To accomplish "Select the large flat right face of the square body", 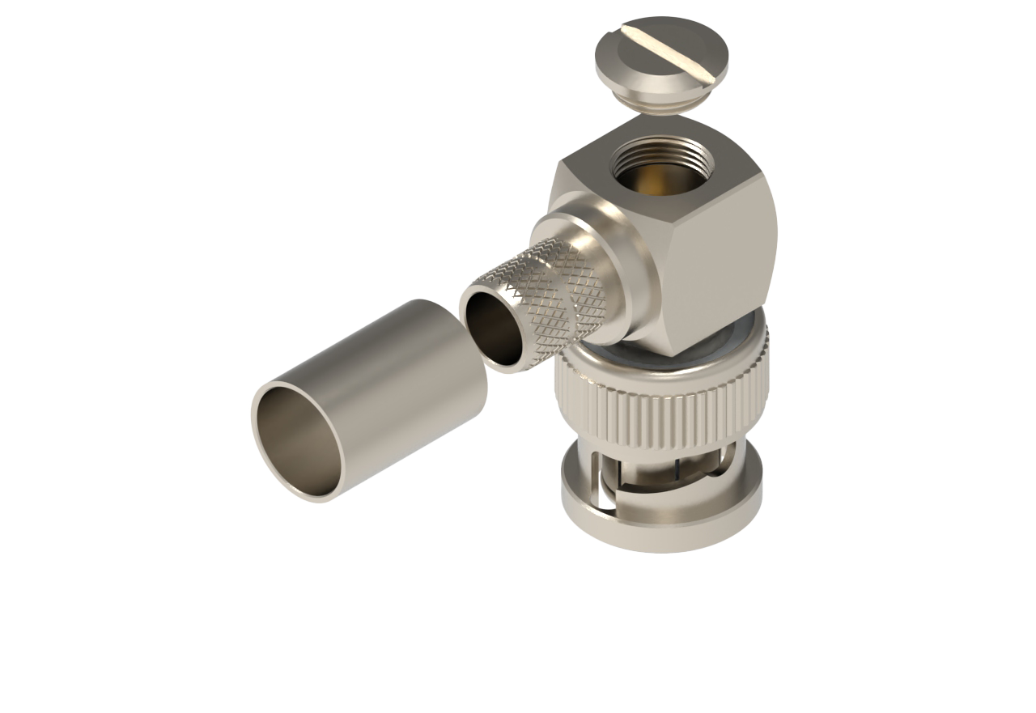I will coord(723,259).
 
